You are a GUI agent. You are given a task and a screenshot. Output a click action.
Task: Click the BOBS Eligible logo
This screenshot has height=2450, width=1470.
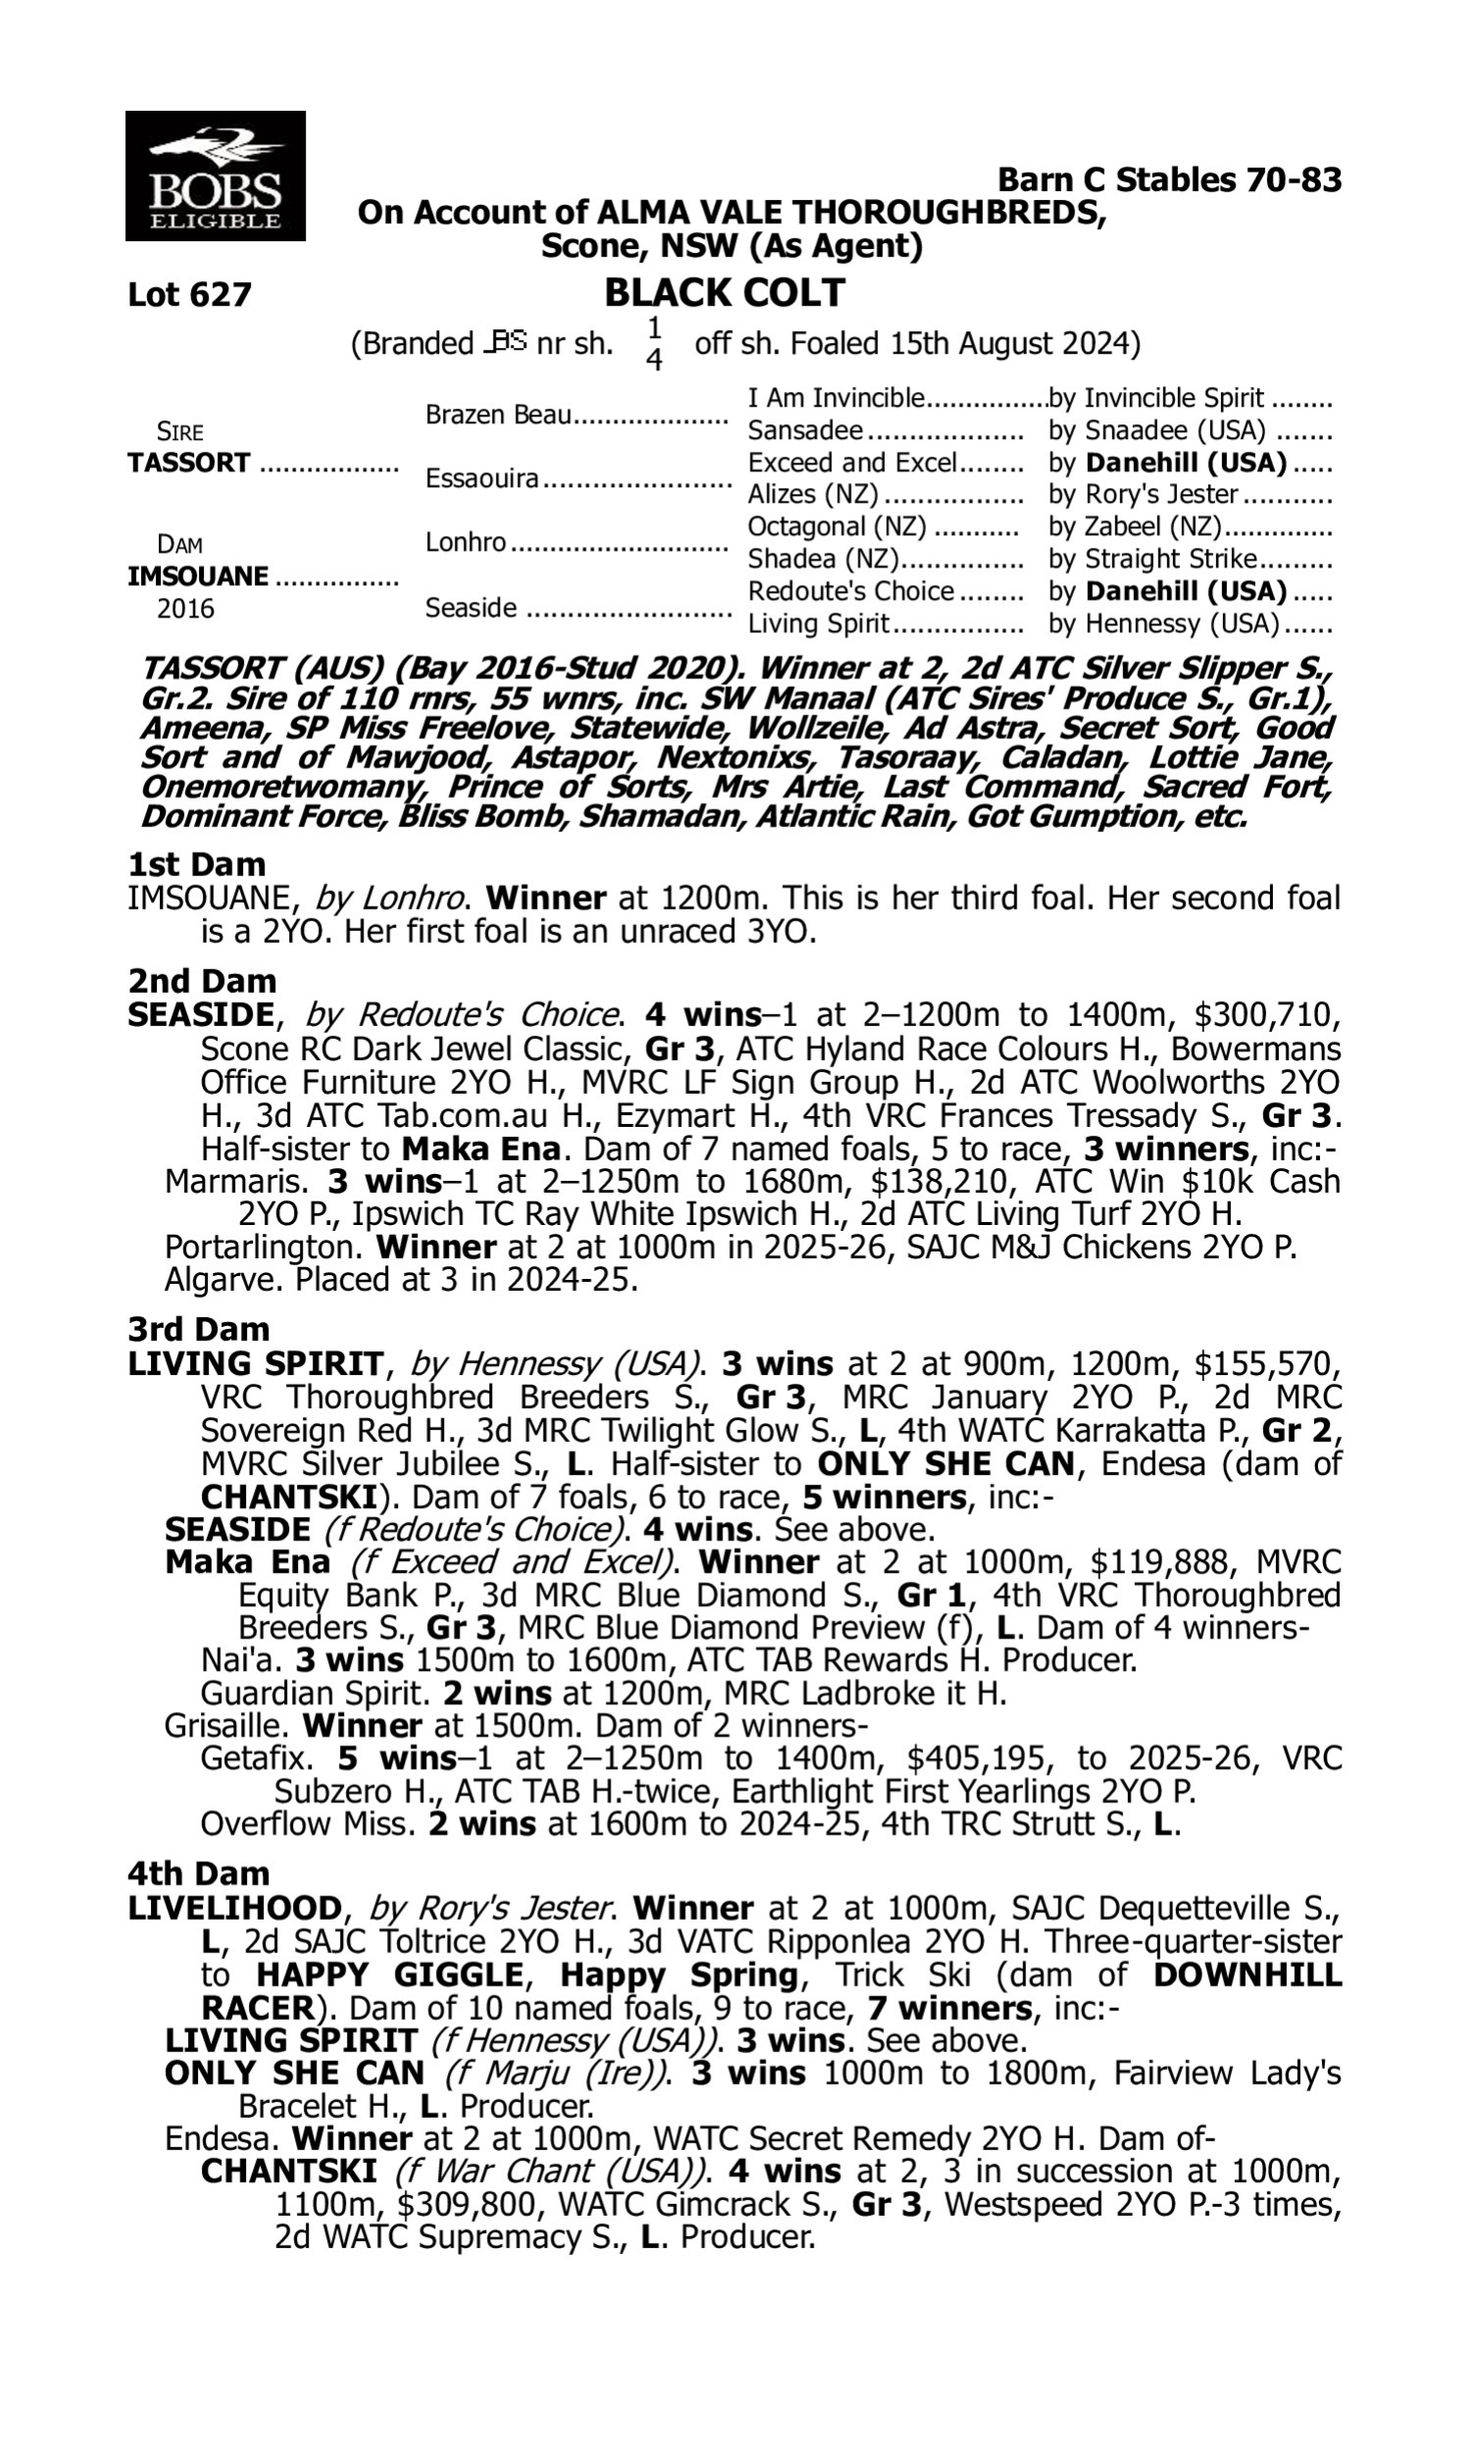(215, 176)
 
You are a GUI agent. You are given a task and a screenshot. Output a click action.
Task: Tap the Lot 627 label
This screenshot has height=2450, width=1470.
(189, 295)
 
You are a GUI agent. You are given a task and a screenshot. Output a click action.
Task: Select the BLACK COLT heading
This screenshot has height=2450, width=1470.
(724, 293)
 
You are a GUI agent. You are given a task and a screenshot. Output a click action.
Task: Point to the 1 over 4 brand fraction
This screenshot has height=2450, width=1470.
(654, 344)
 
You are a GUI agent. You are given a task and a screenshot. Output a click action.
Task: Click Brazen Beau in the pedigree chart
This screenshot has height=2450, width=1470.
(498, 415)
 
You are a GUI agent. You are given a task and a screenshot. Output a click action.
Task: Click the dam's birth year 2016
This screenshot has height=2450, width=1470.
(185, 608)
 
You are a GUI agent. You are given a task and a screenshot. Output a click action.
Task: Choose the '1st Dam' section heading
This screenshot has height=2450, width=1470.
(196, 864)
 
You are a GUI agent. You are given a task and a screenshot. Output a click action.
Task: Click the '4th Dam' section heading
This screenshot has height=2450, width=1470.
(198, 1873)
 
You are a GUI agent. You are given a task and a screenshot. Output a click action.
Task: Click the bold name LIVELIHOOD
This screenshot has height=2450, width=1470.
(235, 1907)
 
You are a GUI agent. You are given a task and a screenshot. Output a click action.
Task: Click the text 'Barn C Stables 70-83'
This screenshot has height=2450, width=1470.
(1169, 180)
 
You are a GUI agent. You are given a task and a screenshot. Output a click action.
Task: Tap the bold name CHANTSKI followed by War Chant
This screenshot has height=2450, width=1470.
(288, 2172)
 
